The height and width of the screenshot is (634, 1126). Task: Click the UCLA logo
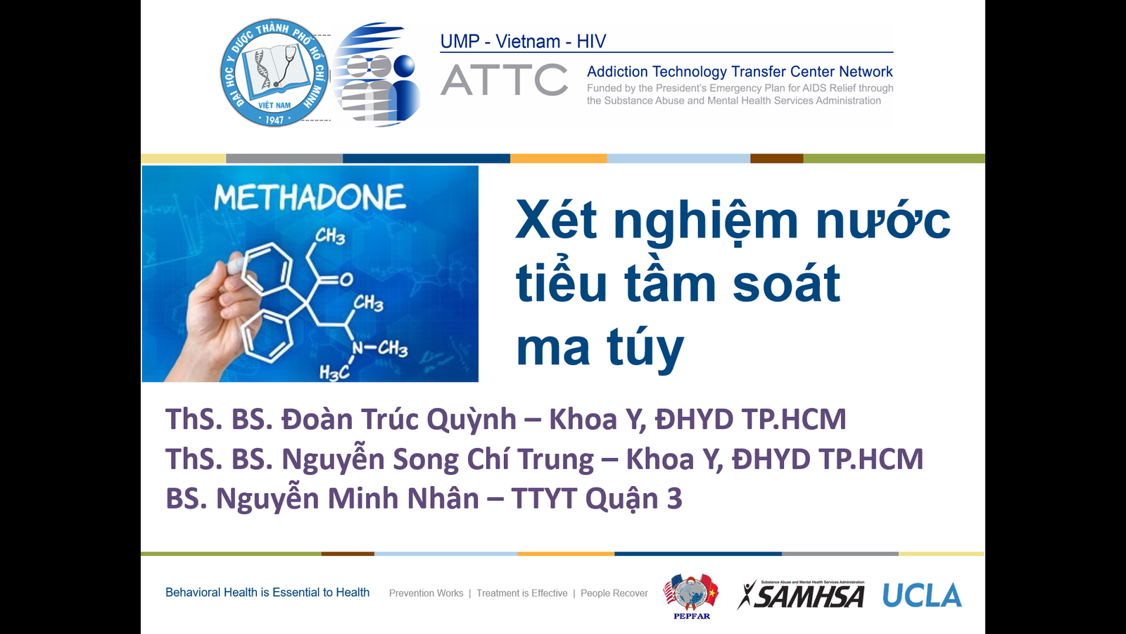[x=922, y=595]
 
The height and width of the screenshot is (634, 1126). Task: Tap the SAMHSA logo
[x=801, y=595]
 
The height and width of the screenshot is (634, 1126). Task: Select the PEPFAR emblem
[x=691, y=596]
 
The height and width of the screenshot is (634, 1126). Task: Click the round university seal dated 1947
[x=274, y=73]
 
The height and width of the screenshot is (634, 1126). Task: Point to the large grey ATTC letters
[x=504, y=80]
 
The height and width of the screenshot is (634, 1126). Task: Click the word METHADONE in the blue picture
[x=310, y=197]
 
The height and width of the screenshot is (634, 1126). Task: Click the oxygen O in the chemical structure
[x=346, y=279]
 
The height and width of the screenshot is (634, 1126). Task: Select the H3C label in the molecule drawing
[x=334, y=373]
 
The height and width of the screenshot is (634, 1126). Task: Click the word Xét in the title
[x=557, y=219]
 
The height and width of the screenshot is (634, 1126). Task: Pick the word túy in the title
[x=645, y=348]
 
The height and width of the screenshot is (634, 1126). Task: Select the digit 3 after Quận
[x=675, y=499]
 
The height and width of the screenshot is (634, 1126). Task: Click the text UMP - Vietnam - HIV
[x=523, y=42]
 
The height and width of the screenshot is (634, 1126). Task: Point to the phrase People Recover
[x=614, y=593]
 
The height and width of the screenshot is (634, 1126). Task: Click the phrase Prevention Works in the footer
[x=426, y=593]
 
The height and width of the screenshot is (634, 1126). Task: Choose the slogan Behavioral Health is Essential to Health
[x=267, y=592]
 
